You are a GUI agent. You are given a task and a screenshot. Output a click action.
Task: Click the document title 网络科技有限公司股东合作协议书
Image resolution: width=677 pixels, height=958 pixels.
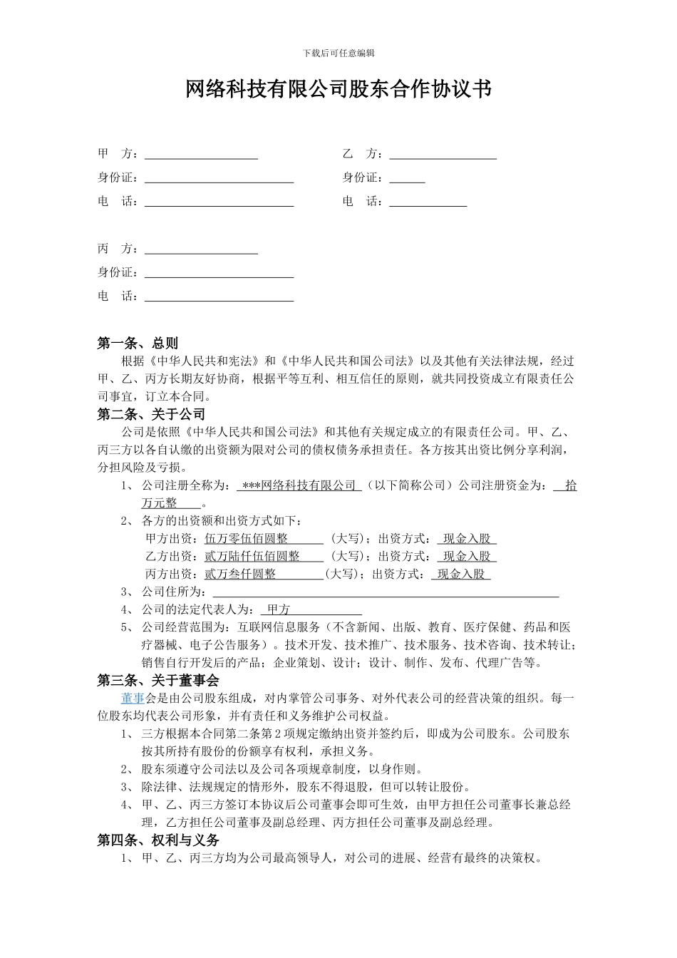(x=338, y=90)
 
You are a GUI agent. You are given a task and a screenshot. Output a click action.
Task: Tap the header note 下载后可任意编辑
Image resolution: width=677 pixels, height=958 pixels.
(x=338, y=53)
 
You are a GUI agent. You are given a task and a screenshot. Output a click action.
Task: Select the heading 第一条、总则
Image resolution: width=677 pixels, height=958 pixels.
(x=138, y=344)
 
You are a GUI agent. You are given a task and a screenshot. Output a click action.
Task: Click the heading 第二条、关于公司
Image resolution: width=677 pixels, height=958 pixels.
(x=151, y=414)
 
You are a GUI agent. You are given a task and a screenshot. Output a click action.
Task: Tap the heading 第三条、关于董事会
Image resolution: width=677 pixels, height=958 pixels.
(x=158, y=681)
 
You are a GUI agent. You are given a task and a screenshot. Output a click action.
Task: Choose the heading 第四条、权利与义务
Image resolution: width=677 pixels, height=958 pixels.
(x=158, y=840)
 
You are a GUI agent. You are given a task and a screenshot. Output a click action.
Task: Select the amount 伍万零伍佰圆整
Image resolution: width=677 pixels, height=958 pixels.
(x=247, y=539)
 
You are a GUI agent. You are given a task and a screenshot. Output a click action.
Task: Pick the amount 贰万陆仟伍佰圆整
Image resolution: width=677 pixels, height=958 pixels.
(x=252, y=556)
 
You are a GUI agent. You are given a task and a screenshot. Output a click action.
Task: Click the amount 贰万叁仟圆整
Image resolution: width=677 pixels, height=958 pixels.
(x=240, y=574)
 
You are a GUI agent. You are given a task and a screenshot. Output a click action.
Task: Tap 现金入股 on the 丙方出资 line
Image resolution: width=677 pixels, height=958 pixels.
(x=461, y=574)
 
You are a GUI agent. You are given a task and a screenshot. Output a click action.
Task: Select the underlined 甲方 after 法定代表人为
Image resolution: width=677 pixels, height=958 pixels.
(x=279, y=609)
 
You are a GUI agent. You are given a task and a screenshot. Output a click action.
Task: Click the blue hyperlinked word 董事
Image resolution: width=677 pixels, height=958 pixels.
(x=133, y=698)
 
